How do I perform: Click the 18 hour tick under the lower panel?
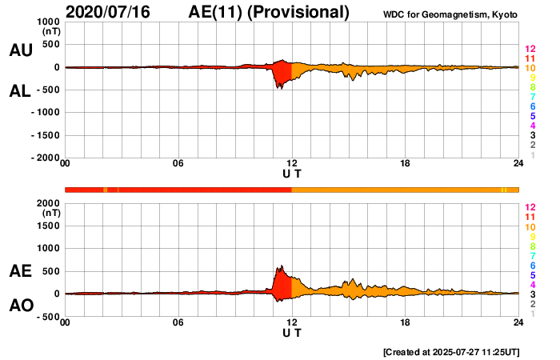[x=406, y=322]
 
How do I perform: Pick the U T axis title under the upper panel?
[x=292, y=174]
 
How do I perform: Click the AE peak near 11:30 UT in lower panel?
[x=281, y=266]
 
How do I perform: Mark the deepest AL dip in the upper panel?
[x=279, y=87]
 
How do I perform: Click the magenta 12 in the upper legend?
[x=530, y=50]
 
